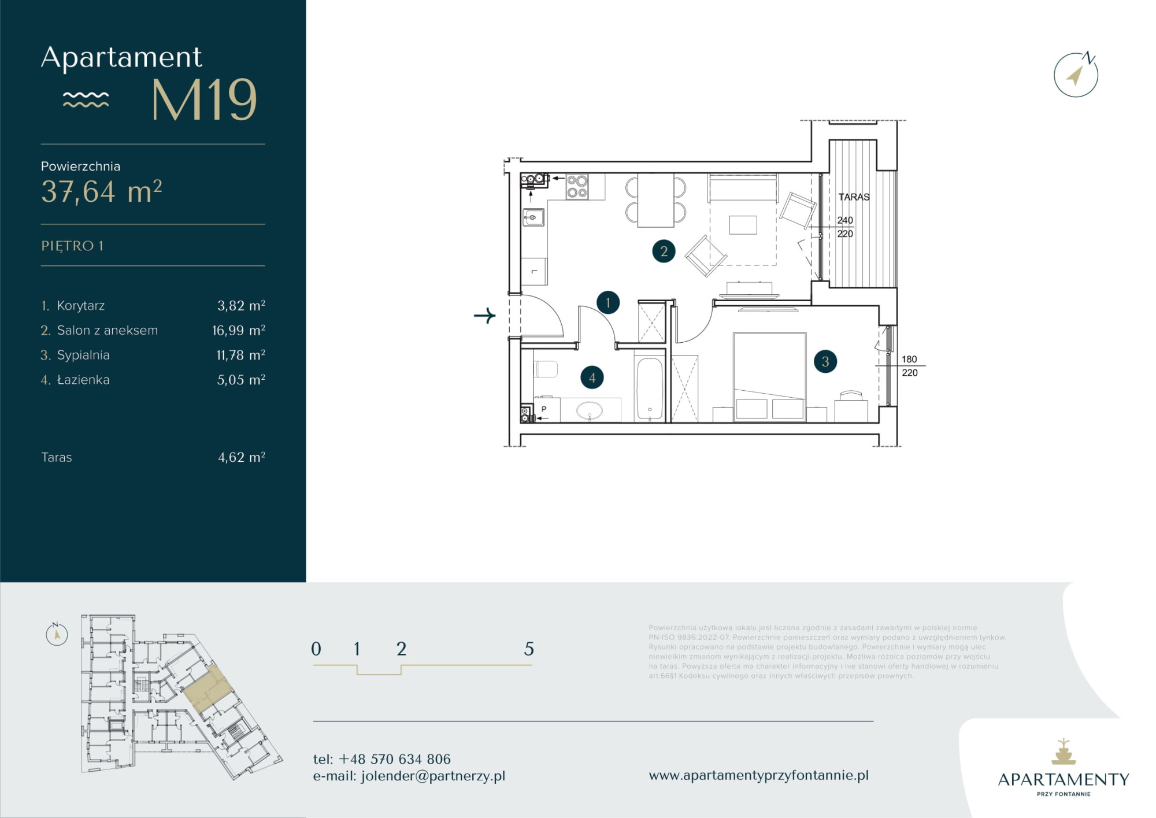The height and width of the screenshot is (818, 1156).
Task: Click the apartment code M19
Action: (x=204, y=100)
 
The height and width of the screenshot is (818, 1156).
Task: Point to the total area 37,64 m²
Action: (x=101, y=191)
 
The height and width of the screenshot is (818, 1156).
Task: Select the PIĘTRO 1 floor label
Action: (x=72, y=246)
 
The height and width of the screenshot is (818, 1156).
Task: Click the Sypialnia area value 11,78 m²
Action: (x=240, y=355)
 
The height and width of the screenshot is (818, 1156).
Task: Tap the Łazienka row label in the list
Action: (x=83, y=380)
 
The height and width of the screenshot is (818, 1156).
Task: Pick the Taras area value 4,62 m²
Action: (x=242, y=457)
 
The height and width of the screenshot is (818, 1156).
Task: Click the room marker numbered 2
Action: (x=664, y=251)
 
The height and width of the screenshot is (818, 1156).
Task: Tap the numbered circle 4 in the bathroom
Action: (x=592, y=377)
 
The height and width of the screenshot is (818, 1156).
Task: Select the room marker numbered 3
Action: (x=825, y=361)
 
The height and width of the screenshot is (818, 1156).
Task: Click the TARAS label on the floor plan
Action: (x=854, y=197)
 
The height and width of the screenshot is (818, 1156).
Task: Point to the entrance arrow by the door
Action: (x=484, y=316)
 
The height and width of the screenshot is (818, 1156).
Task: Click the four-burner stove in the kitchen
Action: (x=577, y=187)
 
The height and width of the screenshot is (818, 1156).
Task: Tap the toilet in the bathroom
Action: (x=545, y=369)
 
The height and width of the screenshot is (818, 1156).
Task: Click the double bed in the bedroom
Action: (x=769, y=376)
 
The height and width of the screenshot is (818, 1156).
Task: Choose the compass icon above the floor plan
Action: (x=1076, y=75)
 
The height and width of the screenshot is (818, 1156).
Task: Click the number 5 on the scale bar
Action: (x=529, y=649)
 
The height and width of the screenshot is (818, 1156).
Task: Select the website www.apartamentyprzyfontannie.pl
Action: (x=758, y=776)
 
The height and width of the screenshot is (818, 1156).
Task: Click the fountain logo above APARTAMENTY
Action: (x=1064, y=752)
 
